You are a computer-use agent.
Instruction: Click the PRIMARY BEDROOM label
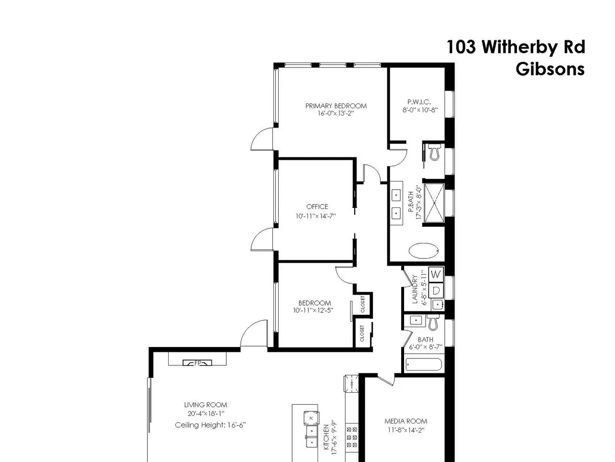(x=336, y=106)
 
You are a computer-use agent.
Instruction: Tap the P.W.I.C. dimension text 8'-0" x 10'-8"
(x=420, y=110)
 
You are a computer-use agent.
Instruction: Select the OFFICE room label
(x=317, y=207)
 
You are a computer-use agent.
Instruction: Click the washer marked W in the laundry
(x=436, y=274)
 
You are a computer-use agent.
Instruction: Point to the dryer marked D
(x=436, y=291)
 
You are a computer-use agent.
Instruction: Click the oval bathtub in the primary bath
(x=424, y=251)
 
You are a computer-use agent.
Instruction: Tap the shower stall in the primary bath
(x=434, y=203)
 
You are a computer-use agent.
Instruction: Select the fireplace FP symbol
(x=197, y=363)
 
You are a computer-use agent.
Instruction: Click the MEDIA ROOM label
(x=406, y=421)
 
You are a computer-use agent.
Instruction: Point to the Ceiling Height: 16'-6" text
(x=210, y=425)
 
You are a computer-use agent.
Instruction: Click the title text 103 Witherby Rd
(x=516, y=47)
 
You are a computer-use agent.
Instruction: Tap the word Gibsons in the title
(x=550, y=69)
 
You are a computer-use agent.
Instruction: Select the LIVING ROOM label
(x=206, y=405)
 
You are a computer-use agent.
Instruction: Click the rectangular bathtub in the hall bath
(x=424, y=365)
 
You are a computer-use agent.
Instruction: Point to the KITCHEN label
(x=326, y=441)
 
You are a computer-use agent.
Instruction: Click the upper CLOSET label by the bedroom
(x=363, y=304)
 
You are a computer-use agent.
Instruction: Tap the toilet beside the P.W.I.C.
(x=434, y=152)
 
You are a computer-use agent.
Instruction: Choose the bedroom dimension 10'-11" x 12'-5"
(x=313, y=310)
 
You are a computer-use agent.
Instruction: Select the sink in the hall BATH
(x=416, y=320)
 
